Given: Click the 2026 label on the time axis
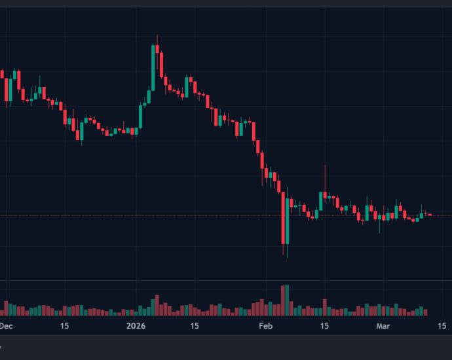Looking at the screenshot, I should click(x=136, y=325).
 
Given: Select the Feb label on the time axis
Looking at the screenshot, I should click(x=265, y=325).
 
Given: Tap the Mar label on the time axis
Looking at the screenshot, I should click(x=384, y=325).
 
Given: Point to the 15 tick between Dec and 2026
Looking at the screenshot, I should click(x=65, y=325).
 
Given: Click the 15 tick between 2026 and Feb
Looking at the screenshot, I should click(x=195, y=325).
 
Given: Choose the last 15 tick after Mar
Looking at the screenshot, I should click(x=442, y=325).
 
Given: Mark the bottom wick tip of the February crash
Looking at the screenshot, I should click(x=286, y=257).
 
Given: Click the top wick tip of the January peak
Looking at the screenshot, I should click(x=158, y=36).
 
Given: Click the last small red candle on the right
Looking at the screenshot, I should click(x=430, y=215).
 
